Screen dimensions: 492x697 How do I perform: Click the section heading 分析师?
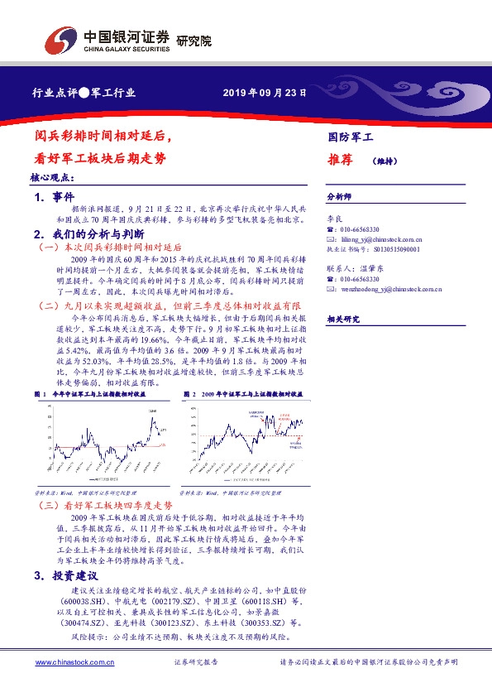[x=339, y=198]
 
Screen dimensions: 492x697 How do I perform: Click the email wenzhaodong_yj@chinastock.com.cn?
[x=391, y=289]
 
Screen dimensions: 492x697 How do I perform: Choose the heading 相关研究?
[x=342, y=320]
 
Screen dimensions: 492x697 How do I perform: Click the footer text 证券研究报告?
[x=196, y=662]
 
